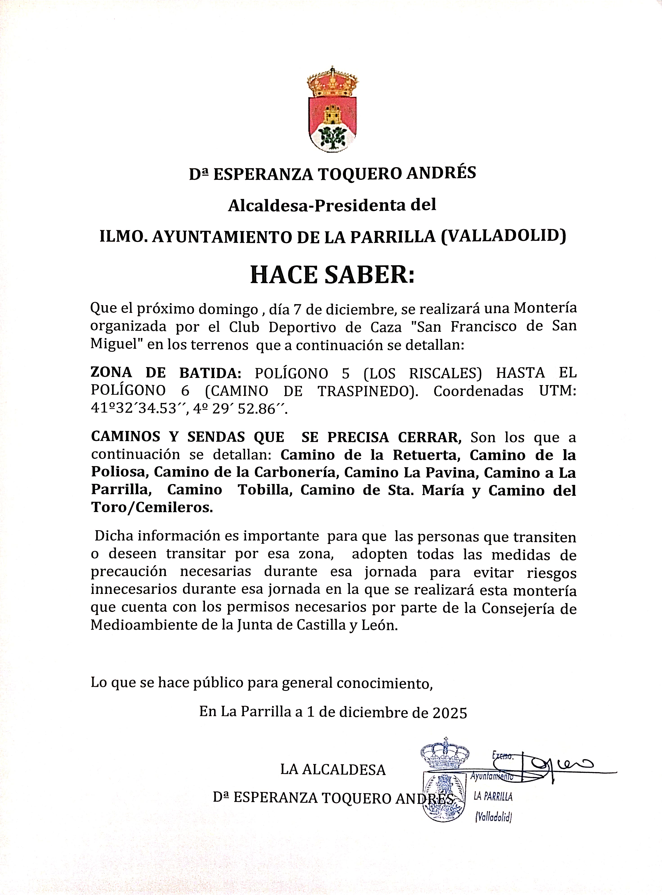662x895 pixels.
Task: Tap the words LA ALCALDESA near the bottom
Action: pos(333,770)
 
